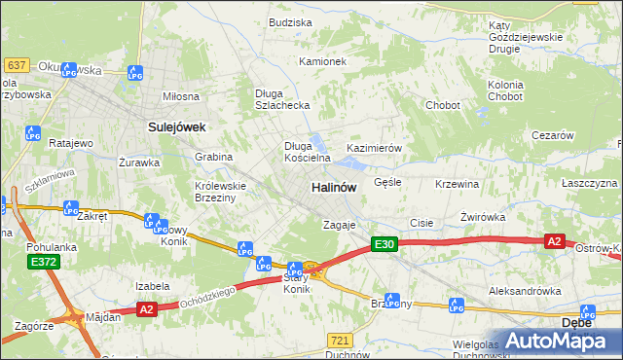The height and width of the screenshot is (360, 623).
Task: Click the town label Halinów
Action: coord(334,186)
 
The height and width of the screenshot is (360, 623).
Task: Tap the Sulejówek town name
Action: coord(174,126)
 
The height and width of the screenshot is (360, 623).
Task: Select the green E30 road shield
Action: coord(384,245)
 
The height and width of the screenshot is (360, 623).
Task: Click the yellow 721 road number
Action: coord(340,340)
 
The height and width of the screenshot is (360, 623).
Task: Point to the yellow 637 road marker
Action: coord(16,64)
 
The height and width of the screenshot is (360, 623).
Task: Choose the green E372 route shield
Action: coord(42,262)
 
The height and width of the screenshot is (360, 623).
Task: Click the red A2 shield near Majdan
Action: coord(147,309)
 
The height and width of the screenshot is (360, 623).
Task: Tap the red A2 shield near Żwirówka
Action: coord(554,241)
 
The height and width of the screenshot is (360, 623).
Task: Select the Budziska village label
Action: coord(290,21)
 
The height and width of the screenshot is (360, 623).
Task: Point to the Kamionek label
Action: coord(323,61)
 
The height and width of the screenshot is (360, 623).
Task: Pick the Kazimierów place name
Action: coord(375,148)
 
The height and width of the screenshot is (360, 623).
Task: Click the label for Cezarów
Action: coord(552,136)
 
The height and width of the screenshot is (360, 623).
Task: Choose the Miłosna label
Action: coord(180,96)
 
